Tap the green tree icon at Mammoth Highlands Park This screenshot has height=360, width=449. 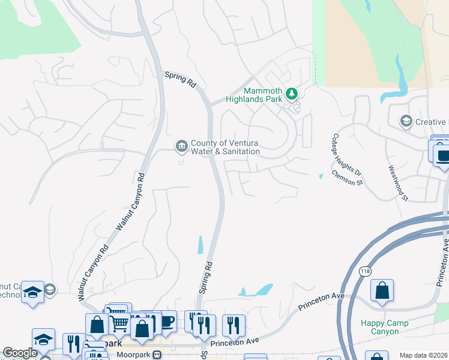pyautogui.click(x=292, y=94)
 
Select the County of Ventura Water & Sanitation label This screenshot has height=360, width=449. pyautogui.click(x=225, y=147)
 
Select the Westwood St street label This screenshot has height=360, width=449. pyautogui.click(x=398, y=183)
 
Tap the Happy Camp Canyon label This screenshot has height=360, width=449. pyautogui.click(x=384, y=327)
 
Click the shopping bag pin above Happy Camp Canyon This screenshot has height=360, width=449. pyautogui.click(x=382, y=291)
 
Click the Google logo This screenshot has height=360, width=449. pyautogui.click(x=20, y=353)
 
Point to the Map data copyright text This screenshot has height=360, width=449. pyautogui.click(x=423, y=355)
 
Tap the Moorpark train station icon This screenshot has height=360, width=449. pyautogui.click(x=157, y=354)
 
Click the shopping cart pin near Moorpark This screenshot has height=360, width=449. pyautogui.click(x=119, y=323)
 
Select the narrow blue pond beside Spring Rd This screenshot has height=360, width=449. pyautogui.click(x=200, y=244)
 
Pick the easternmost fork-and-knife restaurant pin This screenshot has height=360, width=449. pyautogui.click(x=234, y=325)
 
